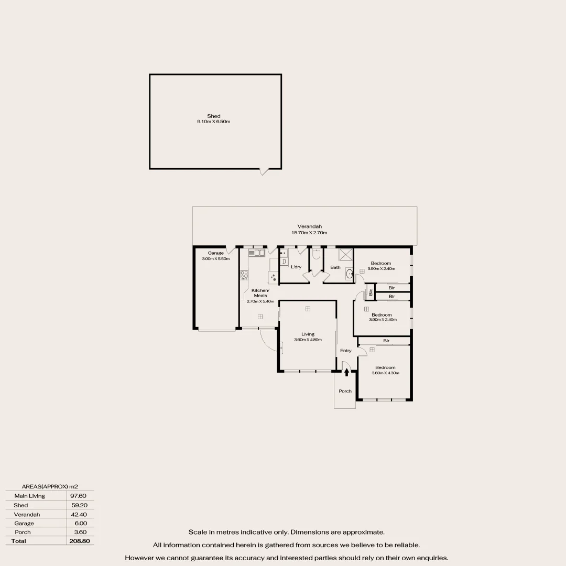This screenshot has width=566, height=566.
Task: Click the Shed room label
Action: (x=214, y=116)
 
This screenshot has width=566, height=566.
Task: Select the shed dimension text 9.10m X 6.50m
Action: (x=214, y=122)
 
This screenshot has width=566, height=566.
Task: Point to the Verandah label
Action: (x=309, y=226)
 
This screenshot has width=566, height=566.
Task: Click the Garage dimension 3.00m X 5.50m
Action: (x=216, y=258)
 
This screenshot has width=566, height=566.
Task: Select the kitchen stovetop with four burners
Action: (x=244, y=274)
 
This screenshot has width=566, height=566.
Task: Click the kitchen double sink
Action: (x=257, y=253)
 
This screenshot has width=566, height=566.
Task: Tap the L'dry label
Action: (x=296, y=267)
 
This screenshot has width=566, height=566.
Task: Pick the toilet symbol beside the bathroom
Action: (x=316, y=254)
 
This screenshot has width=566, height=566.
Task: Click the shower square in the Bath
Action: (x=346, y=255)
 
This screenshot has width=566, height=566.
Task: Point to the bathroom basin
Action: (x=350, y=273)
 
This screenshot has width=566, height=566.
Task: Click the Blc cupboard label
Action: (x=370, y=292)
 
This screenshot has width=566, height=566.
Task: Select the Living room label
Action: (x=308, y=334)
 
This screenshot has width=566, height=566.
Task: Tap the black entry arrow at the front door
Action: (x=346, y=372)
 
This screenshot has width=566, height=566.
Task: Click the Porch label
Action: (x=345, y=391)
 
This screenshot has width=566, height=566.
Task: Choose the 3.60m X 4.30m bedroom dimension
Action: (x=385, y=373)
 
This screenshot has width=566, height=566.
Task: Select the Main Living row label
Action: (x=30, y=496)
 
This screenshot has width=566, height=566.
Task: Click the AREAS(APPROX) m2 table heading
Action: (x=50, y=486)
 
